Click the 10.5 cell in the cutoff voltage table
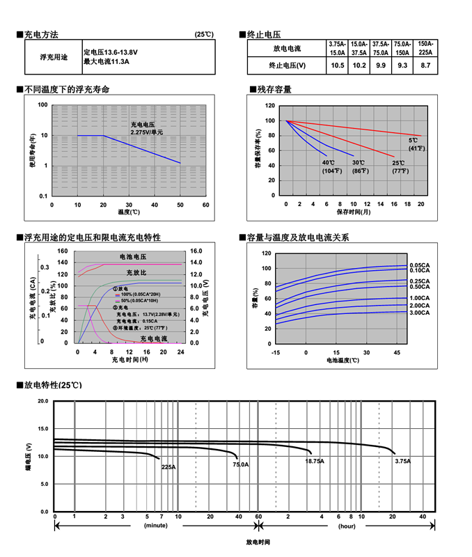(x=338, y=65)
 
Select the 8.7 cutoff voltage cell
(x=425, y=65)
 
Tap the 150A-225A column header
(x=425, y=48)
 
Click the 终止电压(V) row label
(x=287, y=65)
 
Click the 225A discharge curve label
(x=168, y=467)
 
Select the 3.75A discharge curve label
(x=402, y=461)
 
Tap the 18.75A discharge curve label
(x=314, y=461)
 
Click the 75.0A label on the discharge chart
(x=240, y=464)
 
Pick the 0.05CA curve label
(x=420, y=265)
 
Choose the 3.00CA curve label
(x=420, y=313)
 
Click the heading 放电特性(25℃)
(x=53, y=384)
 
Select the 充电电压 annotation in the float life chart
(x=143, y=124)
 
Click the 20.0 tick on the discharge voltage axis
(x=42, y=401)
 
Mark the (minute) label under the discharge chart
(x=156, y=526)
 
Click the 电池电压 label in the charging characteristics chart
(x=134, y=257)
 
